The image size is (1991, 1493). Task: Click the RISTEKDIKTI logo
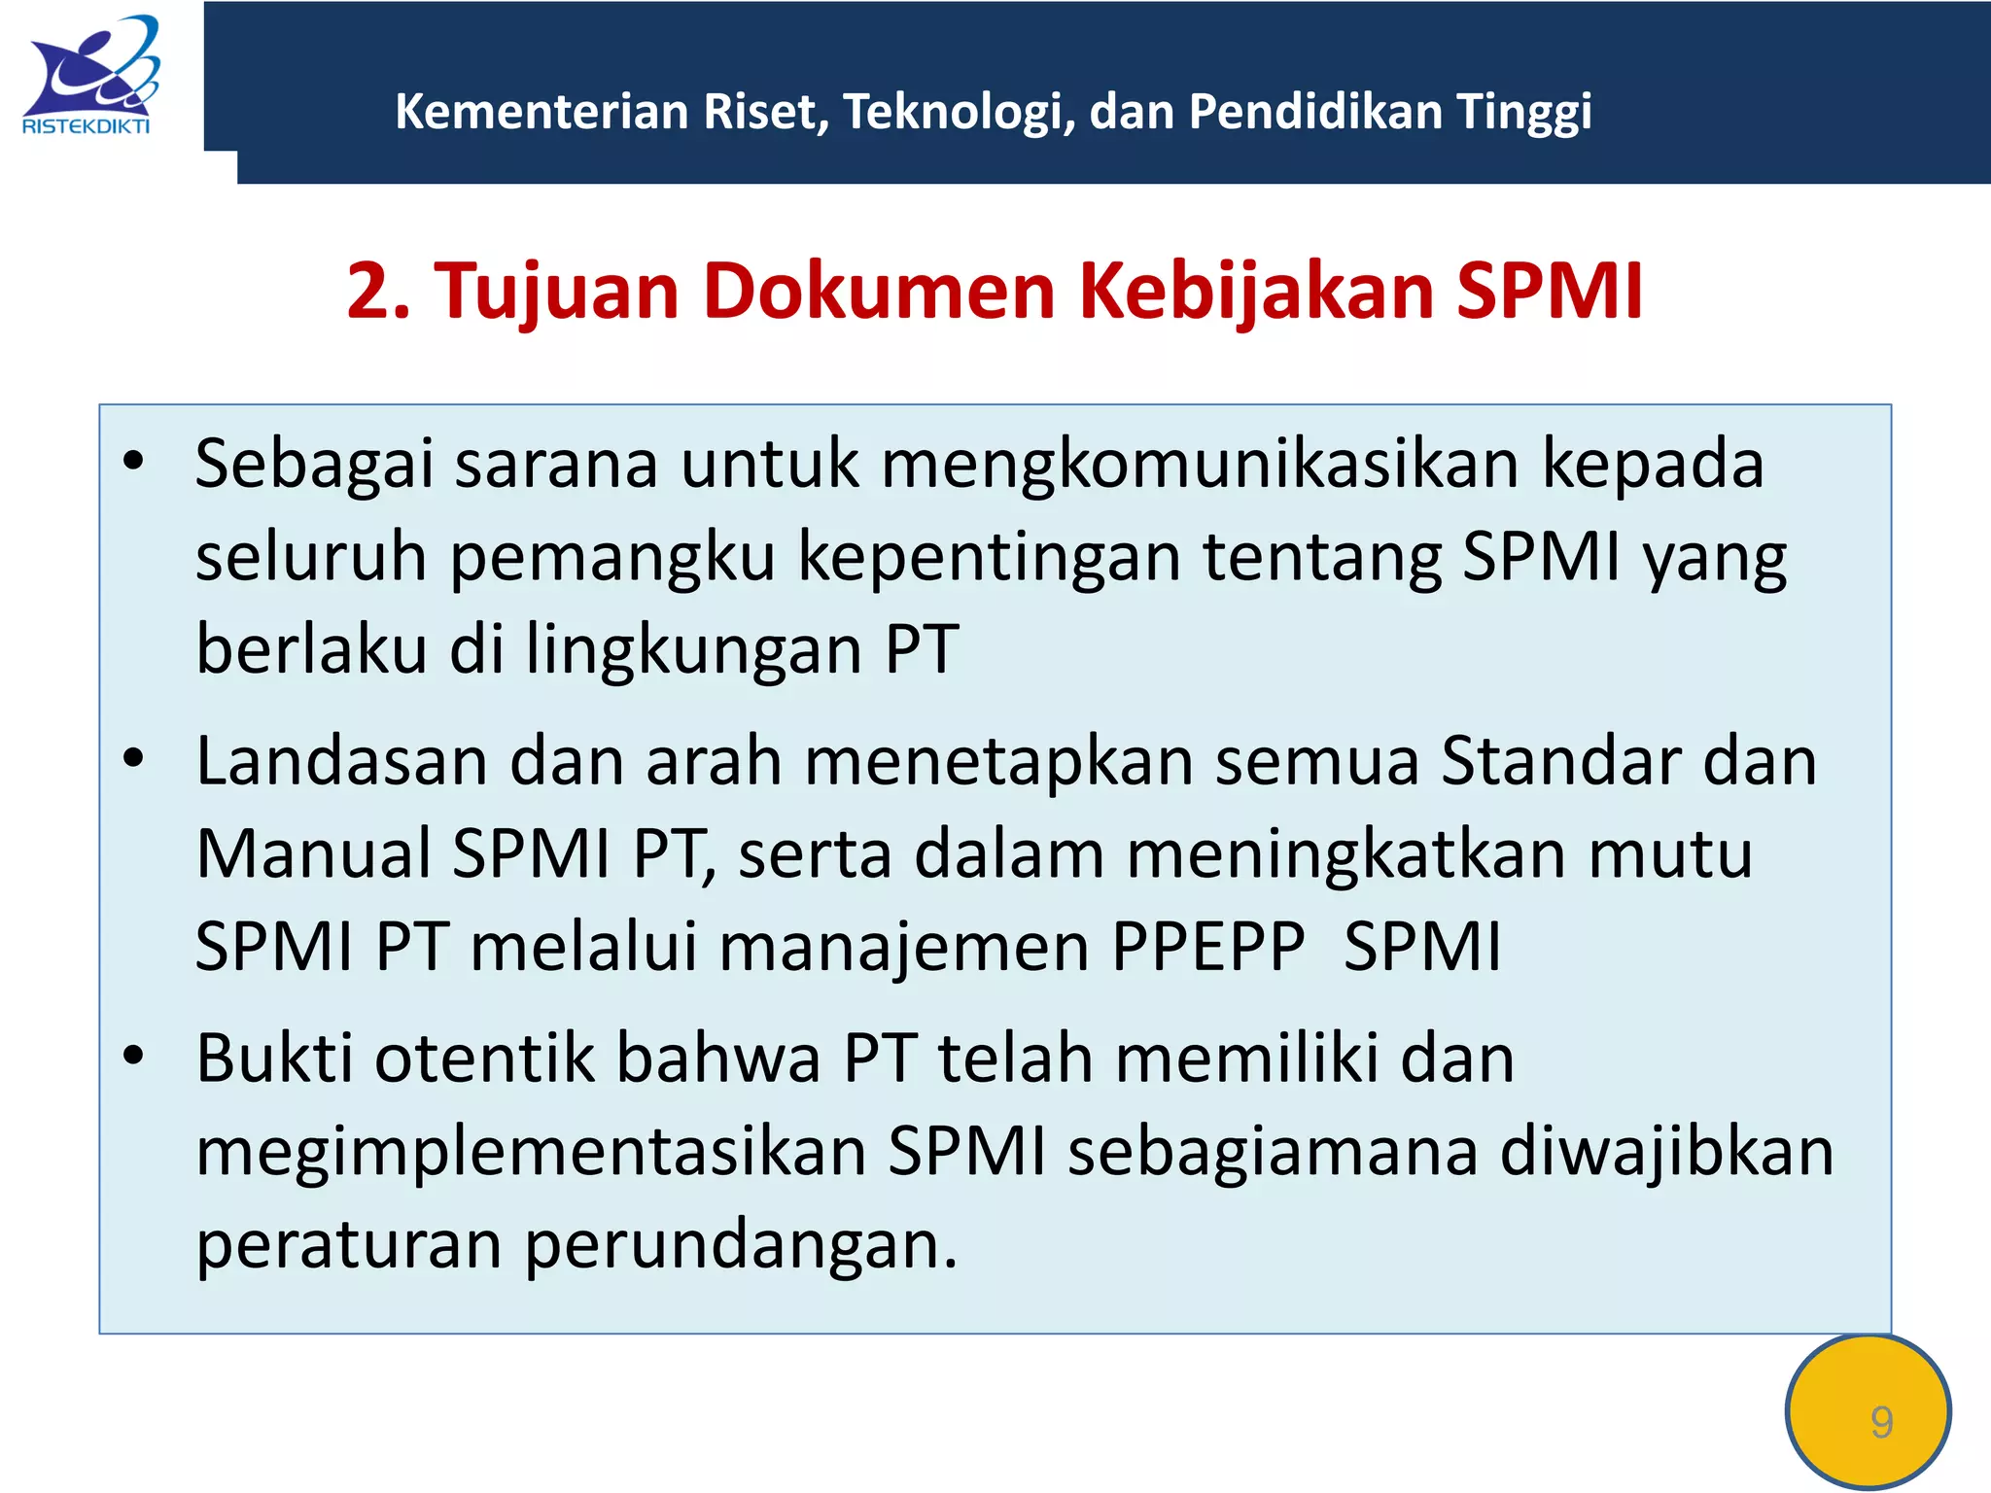(88, 76)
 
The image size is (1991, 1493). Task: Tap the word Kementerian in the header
(541, 112)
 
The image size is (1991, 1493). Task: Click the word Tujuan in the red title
(555, 291)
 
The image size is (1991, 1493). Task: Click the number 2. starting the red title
(378, 291)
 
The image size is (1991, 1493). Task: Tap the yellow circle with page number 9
(1868, 1412)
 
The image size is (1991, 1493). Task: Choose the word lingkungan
(694, 650)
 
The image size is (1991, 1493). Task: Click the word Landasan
(341, 761)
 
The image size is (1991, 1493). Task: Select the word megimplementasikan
(531, 1152)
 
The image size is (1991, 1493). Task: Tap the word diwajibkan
(1666, 1152)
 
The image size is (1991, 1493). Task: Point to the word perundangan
(741, 1245)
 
